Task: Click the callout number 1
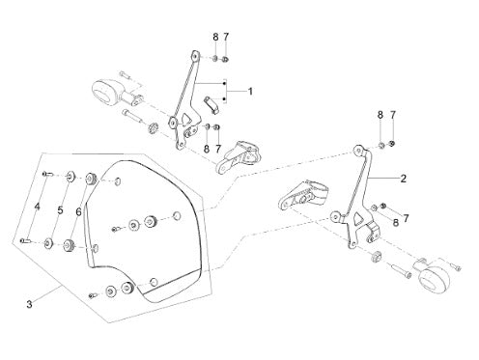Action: pyautogui.click(x=250, y=92)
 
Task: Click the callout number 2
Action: pyautogui.click(x=404, y=179)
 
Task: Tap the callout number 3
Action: pyautogui.click(x=29, y=304)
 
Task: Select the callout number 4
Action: pyautogui.click(x=37, y=207)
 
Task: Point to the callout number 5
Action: pyautogui.click(x=60, y=210)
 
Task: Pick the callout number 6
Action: pyautogui.click(x=78, y=212)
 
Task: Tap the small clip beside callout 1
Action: pyautogui.click(x=211, y=104)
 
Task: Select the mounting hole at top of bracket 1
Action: pyautogui.click(x=195, y=56)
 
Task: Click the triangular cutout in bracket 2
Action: pyautogui.click(x=356, y=219)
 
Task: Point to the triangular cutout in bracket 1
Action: pyautogui.click(x=186, y=119)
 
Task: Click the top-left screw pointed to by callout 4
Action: pyautogui.click(x=46, y=174)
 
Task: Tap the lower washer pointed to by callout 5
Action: pyautogui.click(x=49, y=243)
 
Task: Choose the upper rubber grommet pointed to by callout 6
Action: pyautogui.click(x=91, y=179)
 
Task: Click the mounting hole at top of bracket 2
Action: pyautogui.click(x=357, y=150)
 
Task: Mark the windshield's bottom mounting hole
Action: pyautogui.click(x=154, y=282)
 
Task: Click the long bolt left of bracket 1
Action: pyautogui.click(x=132, y=116)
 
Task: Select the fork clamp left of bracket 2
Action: pyautogui.click(x=301, y=196)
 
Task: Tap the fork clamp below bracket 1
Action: pyautogui.click(x=239, y=156)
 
